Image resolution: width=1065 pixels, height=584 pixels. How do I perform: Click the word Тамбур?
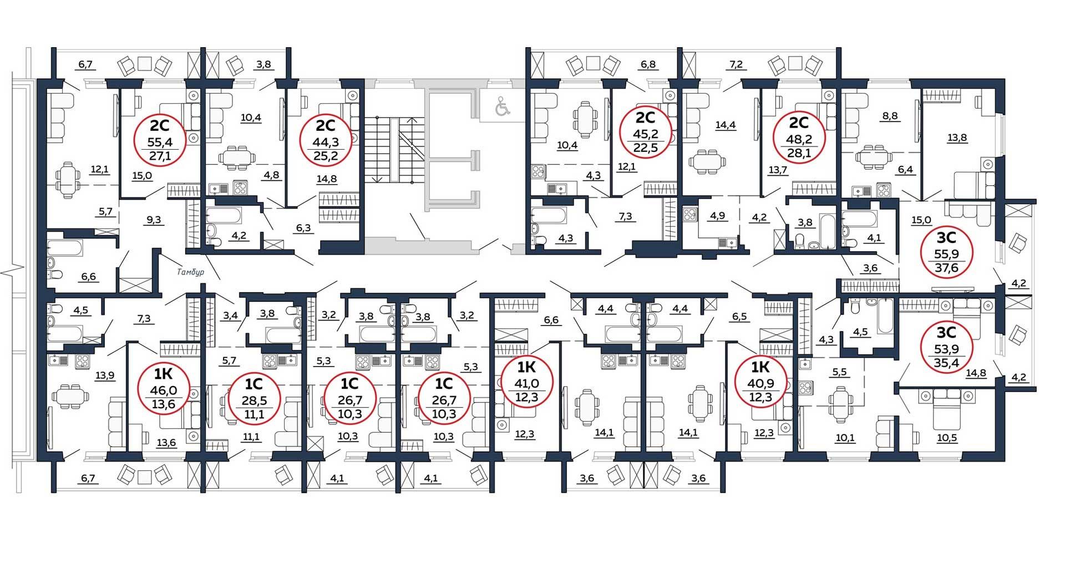(x=191, y=272)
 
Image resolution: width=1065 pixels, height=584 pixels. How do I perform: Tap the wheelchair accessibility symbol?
(x=503, y=106)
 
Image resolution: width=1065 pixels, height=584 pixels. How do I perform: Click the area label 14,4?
(x=725, y=125)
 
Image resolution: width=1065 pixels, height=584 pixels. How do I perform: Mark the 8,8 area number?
(x=890, y=116)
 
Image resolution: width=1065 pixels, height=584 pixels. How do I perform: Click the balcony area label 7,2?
(x=736, y=65)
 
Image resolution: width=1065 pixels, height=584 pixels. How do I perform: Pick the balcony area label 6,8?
(x=648, y=64)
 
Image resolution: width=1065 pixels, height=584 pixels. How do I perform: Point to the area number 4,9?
(x=718, y=216)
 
